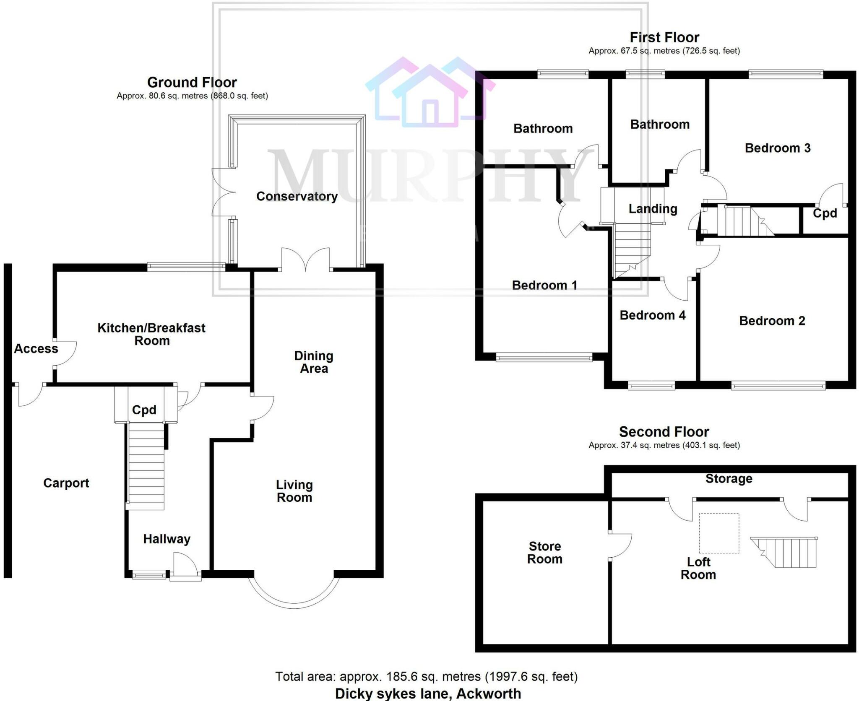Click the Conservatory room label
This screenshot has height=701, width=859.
point(297,196)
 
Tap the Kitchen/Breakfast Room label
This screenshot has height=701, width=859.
point(151,334)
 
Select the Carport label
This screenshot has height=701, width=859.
point(66,483)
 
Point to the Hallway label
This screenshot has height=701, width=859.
point(167,539)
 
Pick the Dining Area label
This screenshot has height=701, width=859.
point(314,362)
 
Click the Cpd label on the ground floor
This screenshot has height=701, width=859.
point(144,410)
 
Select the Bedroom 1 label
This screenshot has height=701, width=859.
point(544,285)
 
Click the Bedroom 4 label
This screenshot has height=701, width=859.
point(652,315)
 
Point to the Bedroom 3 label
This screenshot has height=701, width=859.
point(777,148)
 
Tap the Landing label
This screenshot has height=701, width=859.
point(653,209)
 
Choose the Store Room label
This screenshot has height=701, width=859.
point(544,552)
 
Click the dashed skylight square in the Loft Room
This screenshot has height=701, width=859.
point(718,533)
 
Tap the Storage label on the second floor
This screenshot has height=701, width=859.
point(729,478)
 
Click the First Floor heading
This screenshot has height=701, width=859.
point(664,38)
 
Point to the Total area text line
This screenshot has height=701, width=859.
point(426,676)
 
